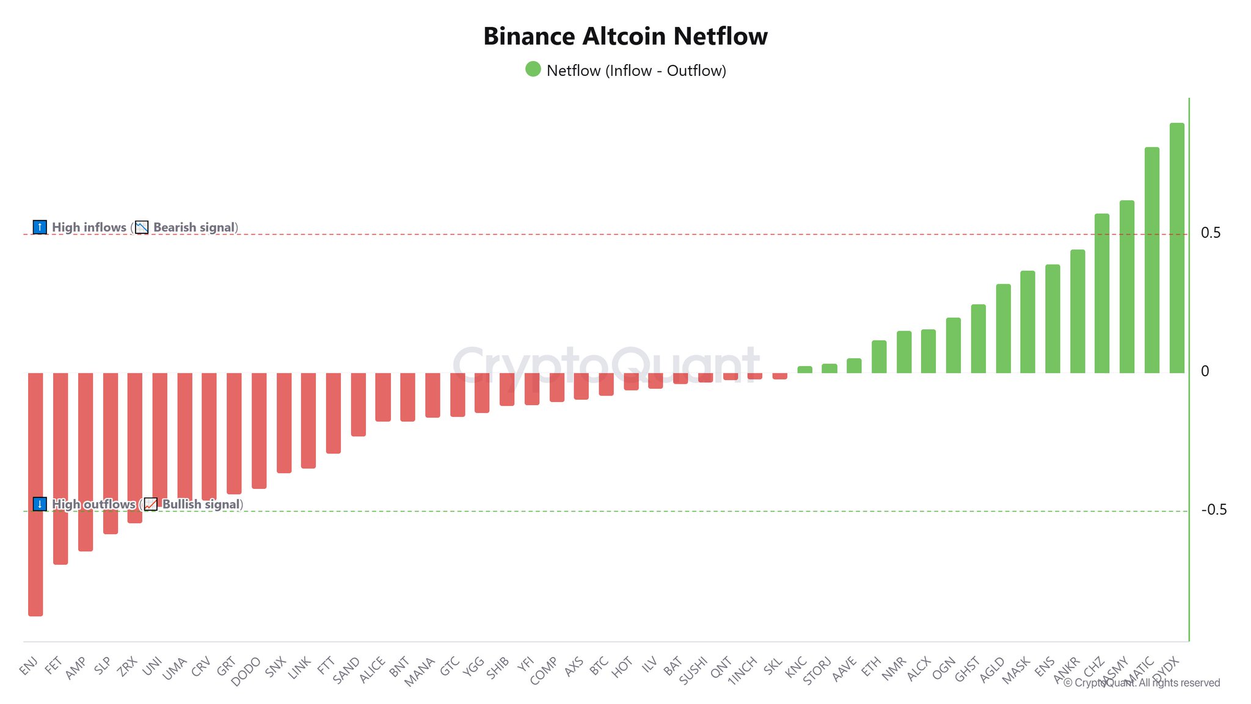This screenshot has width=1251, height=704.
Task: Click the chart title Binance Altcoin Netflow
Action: (625, 37)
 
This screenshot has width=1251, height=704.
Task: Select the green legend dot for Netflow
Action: (533, 69)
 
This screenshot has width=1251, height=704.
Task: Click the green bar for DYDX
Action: (1176, 248)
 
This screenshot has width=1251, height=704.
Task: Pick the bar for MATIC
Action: (1151, 260)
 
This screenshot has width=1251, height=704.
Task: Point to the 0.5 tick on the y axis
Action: (1210, 233)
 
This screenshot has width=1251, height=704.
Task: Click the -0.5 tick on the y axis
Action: (1213, 510)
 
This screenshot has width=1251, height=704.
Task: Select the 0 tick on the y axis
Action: (1205, 372)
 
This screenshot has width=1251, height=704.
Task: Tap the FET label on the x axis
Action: (54, 665)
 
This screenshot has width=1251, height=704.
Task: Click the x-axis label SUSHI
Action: (693, 670)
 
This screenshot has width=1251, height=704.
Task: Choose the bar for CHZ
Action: (1102, 293)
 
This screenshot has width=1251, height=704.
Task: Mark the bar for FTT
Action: (333, 413)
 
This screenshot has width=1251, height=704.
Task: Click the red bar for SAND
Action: (358, 405)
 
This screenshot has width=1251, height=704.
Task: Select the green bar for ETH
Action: (879, 357)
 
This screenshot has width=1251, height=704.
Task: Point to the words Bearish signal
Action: (194, 227)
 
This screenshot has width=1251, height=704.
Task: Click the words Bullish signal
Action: (201, 504)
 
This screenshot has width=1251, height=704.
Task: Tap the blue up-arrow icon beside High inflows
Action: (40, 227)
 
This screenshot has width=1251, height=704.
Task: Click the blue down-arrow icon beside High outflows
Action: (40, 504)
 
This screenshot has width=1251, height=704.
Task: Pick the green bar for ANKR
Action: (1078, 312)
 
